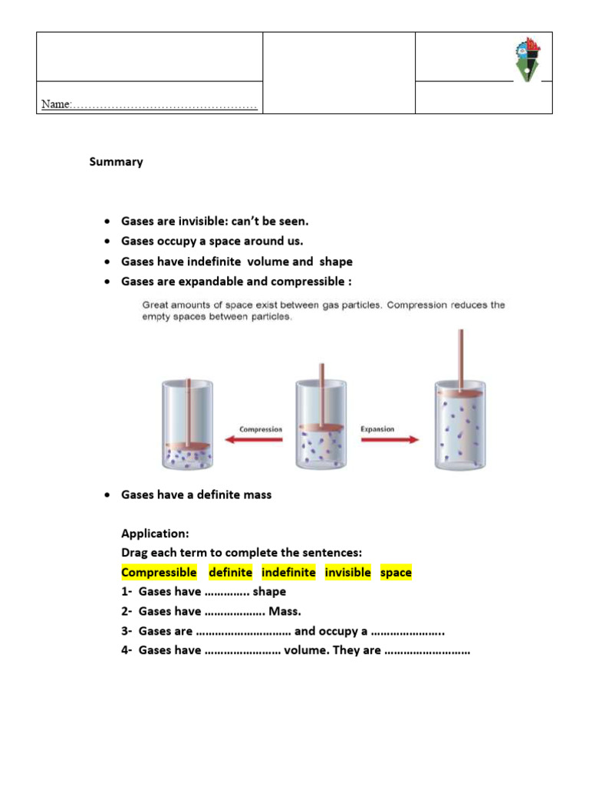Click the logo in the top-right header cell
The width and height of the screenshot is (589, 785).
point(527,61)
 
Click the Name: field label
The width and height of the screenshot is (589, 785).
point(56,104)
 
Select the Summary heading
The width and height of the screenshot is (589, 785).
point(116,162)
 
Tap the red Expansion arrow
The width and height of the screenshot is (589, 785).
point(390,440)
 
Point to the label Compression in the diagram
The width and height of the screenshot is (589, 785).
point(261,429)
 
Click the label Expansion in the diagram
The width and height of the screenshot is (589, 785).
point(377,429)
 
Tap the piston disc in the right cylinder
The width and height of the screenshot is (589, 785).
point(459,393)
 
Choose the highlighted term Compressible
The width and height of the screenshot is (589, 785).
point(159,573)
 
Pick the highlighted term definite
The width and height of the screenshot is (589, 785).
point(230,573)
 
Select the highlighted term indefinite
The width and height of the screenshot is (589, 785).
point(288,573)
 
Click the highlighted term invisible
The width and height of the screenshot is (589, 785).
point(347,573)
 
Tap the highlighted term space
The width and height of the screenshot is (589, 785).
point(396,573)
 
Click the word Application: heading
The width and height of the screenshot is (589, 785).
point(155,533)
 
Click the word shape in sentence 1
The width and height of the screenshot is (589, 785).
point(270,592)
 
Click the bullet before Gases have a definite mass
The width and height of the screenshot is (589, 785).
point(107,495)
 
